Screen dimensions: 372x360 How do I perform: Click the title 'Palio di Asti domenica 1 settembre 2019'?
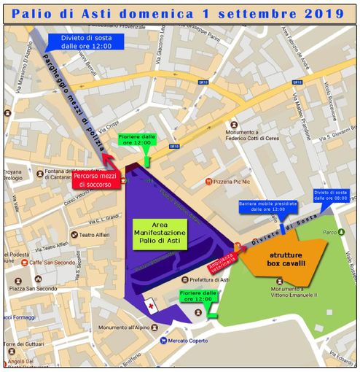click(x=180, y=12)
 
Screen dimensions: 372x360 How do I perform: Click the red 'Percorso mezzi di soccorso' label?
click(x=93, y=179)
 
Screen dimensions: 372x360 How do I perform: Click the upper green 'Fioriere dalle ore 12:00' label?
click(x=137, y=141)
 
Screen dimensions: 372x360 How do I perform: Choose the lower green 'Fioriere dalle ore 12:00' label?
click(x=198, y=298)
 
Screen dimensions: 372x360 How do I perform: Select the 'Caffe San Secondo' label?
click(x=55, y=263)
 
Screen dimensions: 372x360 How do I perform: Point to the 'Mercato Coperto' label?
click(x=187, y=340)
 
